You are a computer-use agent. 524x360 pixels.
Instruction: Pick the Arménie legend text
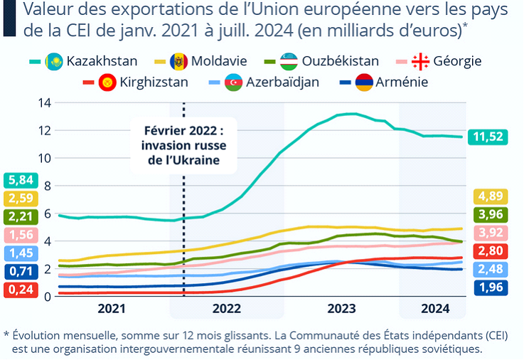402,82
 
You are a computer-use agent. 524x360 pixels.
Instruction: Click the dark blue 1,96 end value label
488,287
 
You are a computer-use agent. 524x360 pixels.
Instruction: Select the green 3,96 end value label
488,214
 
